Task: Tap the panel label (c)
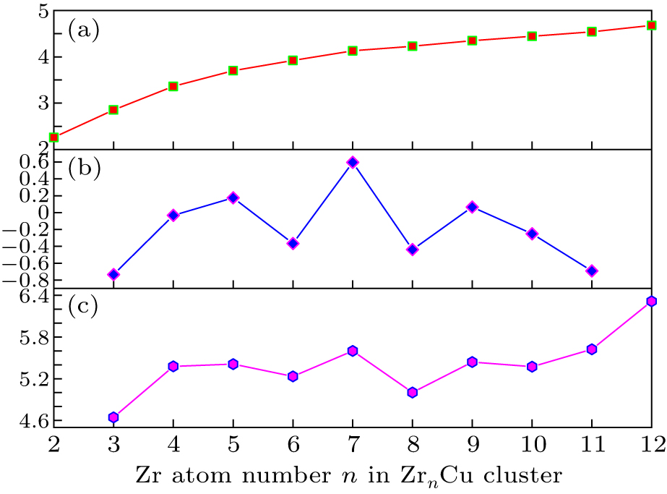83,306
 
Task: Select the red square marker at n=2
53,137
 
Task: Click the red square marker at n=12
652,25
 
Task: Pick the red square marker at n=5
233,71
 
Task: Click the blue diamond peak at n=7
353,163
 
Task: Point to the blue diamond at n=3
113,274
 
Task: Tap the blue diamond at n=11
592,271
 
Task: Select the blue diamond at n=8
413,250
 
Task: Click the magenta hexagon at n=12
652,301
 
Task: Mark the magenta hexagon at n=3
113,417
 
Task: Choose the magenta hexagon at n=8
413,393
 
